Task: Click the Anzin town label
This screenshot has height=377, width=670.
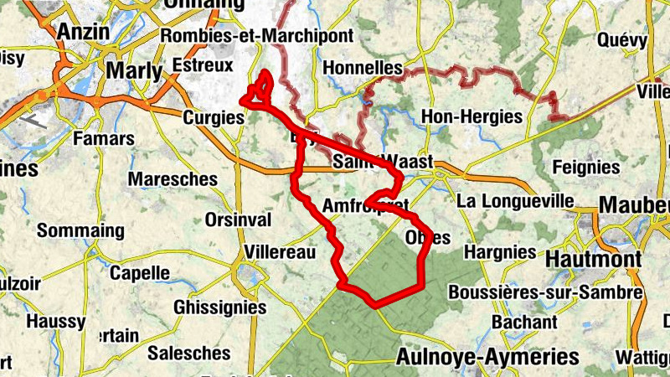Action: tap(85, 32)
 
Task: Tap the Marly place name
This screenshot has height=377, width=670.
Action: tap(135, 71)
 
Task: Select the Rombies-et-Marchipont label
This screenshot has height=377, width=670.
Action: tap(258, 36)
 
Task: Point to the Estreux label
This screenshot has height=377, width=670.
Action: tap(201, 64)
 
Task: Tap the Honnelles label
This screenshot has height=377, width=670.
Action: tap(363, 68)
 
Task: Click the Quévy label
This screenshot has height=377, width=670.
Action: tap(622, 39)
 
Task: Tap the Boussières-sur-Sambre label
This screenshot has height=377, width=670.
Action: tap(545, 292)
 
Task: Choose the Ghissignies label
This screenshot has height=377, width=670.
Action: tap(219, 307)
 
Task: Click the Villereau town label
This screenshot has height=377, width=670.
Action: tap(280, 252)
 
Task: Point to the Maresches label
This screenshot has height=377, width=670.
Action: tap(173, 178)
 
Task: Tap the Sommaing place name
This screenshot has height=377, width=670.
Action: tap(80, 230)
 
